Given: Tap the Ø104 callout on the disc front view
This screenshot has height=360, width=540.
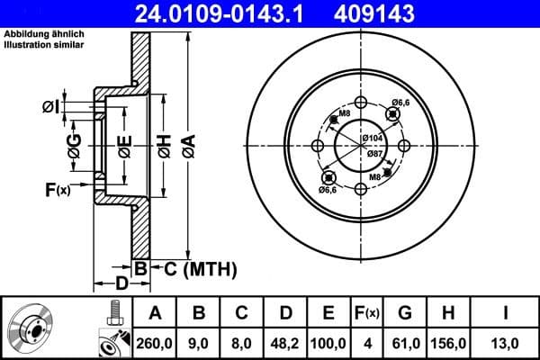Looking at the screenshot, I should click(x=373, y=137).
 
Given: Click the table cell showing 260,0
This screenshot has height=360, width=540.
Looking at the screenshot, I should click(x=154, y=342).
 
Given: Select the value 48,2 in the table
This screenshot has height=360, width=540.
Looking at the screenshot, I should click(x=285, y=342).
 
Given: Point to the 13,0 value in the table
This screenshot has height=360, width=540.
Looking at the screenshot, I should click(x=506, y=342).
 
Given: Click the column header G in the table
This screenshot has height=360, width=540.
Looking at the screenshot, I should click(x=404, y=312).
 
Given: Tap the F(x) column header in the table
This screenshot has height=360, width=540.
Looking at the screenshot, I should click(x=367, y=312).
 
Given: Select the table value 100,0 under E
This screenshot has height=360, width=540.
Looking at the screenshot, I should click(x=328, y=342).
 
